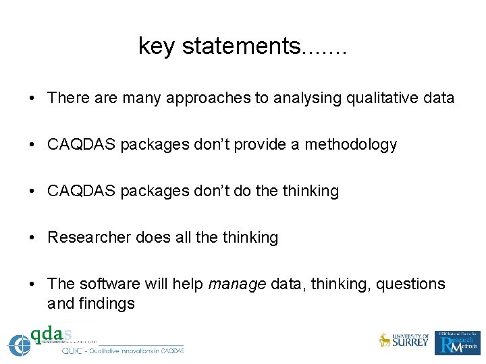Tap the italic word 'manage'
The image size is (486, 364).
point(237,284)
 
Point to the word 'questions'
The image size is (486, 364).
point(411,284)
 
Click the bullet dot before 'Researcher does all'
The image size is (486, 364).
point(32,238)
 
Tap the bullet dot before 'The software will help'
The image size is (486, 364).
point(32,284)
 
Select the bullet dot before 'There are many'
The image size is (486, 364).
point(32,98)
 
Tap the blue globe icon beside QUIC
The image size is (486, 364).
point(19,344)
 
